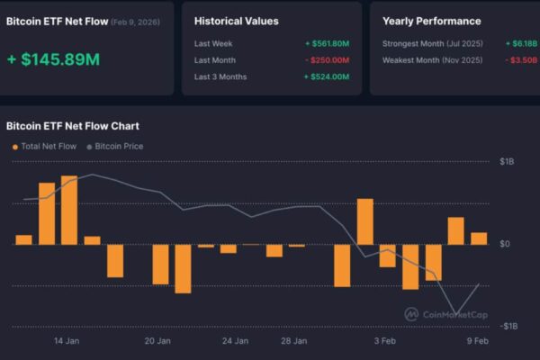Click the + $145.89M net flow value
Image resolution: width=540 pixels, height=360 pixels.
point(53,60)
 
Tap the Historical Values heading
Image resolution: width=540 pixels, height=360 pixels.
point(237,21)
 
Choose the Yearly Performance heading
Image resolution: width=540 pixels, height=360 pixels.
point(431,21)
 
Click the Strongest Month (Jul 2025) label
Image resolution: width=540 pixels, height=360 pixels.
point(432,43)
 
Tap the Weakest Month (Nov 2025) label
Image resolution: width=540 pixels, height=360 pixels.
point(432,60)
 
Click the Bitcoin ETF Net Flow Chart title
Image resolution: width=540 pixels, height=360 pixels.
point(73,126)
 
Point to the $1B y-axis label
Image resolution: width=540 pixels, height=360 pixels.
point(507,161)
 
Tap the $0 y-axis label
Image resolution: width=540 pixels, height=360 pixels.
point(505,244)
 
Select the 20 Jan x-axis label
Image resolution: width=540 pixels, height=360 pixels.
point(157,341)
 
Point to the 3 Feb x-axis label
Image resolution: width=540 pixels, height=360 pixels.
point(384,341)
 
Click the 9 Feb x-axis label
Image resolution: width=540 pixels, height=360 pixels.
point(478,341)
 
